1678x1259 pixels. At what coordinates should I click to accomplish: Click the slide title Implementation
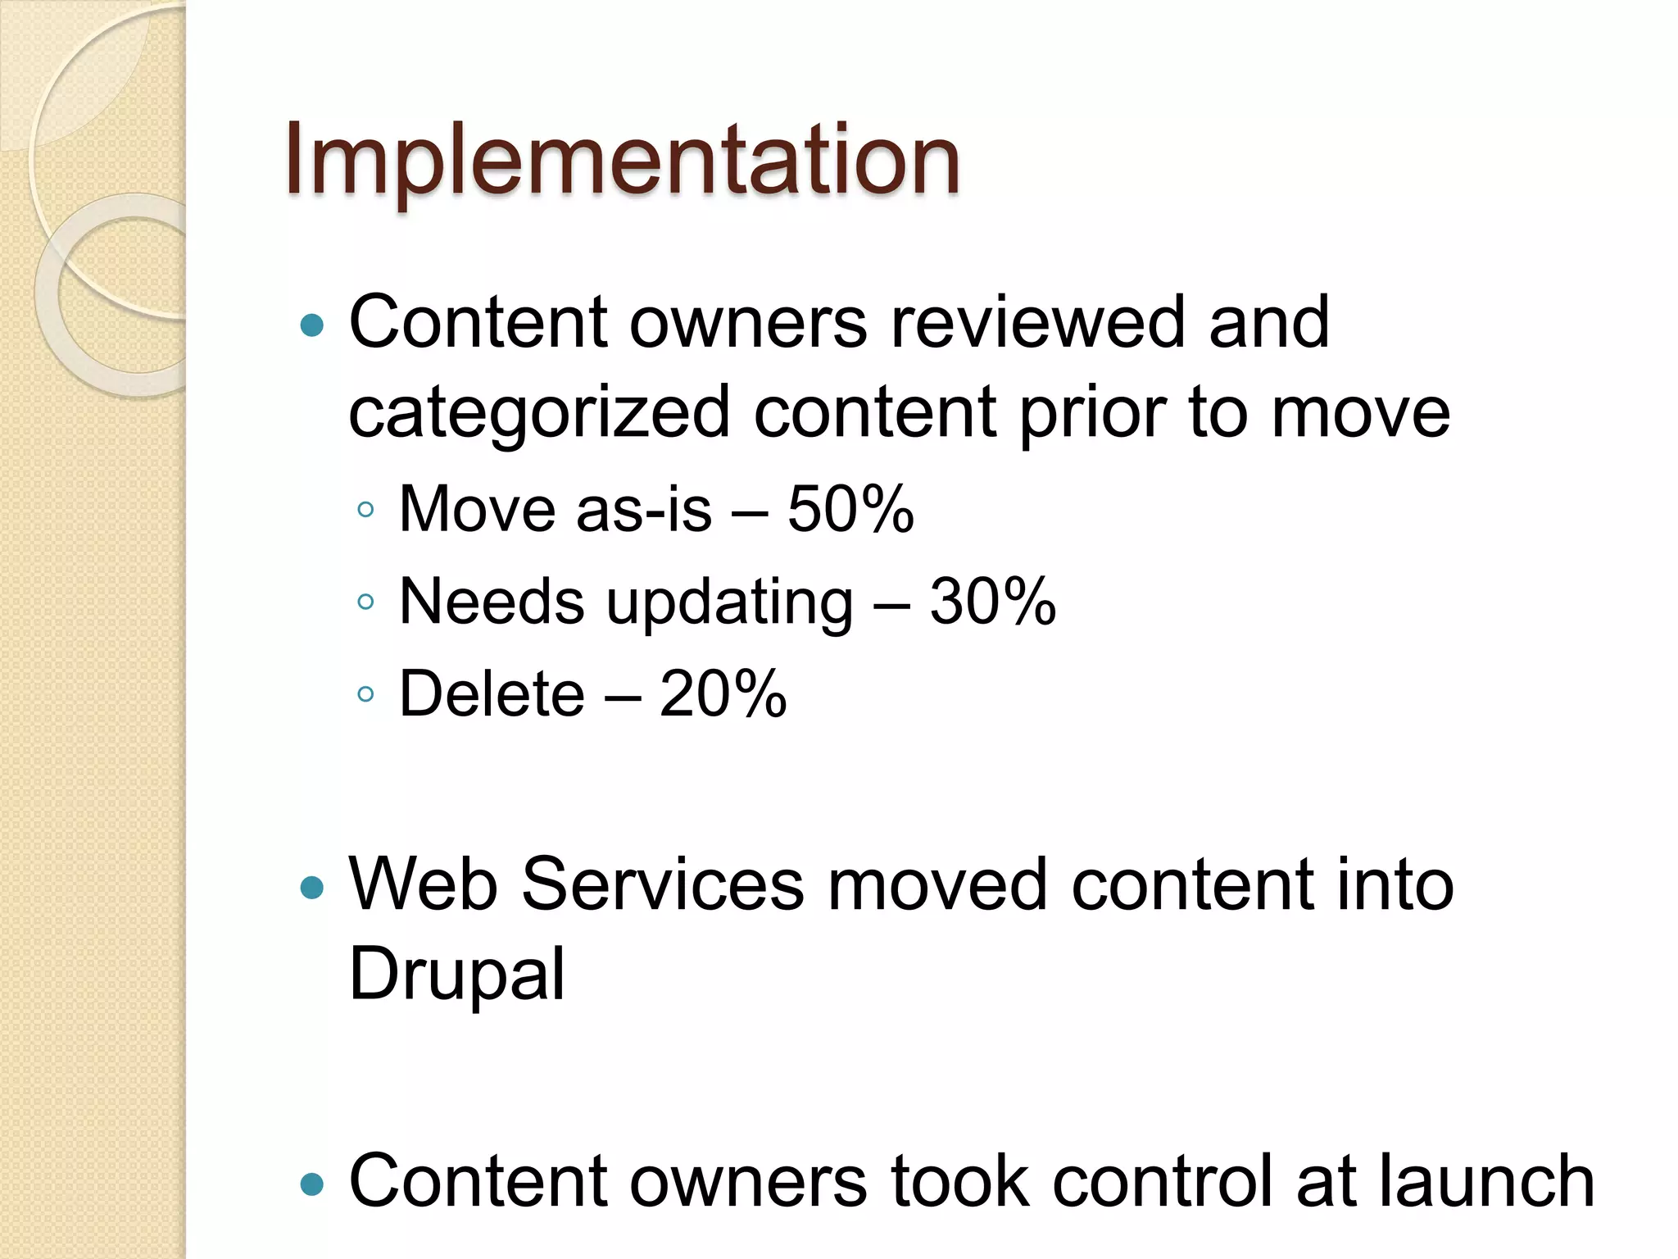click(622, 160)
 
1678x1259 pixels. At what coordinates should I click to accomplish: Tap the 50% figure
click(850, 509)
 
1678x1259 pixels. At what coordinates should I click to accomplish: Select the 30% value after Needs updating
click(992, 602)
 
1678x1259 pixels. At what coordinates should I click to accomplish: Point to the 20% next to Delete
click(723, 694)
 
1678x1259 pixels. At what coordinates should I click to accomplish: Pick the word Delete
click(492, 694)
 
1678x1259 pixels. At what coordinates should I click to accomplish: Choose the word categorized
click(539, 412)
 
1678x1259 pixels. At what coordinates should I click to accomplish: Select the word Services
click(663, 884)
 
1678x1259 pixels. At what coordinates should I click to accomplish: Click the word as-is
click(644, 509)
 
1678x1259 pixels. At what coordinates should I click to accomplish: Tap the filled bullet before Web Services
click(312, 888)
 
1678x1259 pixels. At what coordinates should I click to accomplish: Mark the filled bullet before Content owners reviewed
click(312, 326)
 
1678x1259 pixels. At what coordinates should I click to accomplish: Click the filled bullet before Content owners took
click(312, 1184)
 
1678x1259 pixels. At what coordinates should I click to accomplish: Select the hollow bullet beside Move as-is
click(365, 511)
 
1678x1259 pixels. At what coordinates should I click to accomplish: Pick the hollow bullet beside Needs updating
click(365, 602)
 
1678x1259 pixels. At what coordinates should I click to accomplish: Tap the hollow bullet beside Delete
click(365, 695)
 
